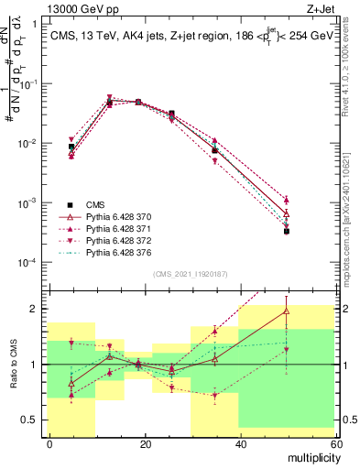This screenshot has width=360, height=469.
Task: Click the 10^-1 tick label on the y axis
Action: pos(28,84)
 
